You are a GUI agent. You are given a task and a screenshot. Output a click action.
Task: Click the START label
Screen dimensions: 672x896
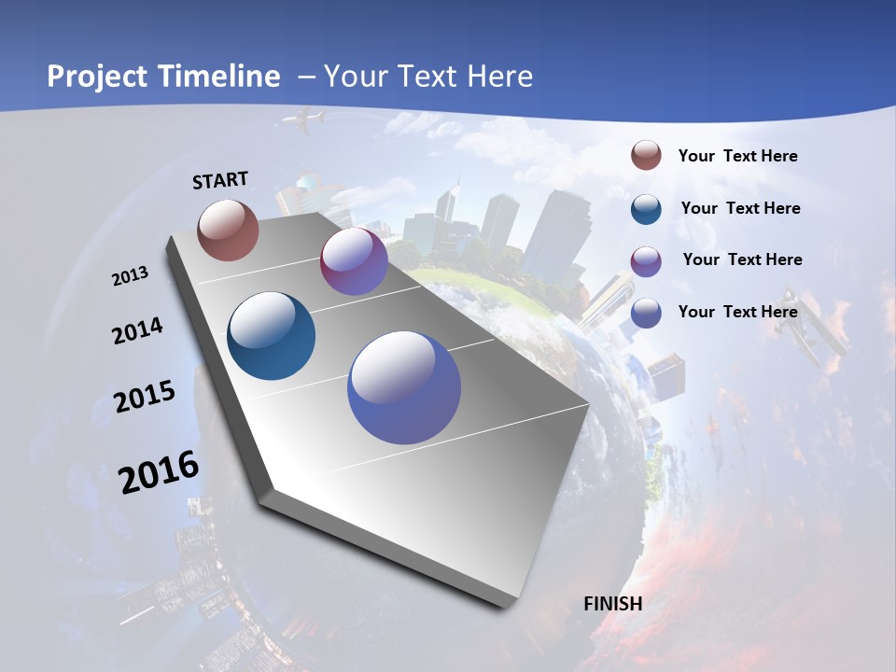click(220, 179)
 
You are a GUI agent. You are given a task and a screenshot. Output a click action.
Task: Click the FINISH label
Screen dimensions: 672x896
click(613, 603)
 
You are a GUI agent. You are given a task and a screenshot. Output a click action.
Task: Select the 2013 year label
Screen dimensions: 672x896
click(130, 276)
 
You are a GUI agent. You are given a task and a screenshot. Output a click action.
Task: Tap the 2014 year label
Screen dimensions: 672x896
click(137, 330)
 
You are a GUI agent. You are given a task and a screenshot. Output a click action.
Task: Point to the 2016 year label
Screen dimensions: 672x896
click(159, 472)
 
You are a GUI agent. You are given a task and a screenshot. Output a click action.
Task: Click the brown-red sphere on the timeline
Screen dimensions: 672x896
click(228, 229)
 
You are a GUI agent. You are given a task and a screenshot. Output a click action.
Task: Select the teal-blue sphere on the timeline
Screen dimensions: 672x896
click(272, 336)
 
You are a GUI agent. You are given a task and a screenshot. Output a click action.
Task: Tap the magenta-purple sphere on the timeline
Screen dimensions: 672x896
click(354, 261)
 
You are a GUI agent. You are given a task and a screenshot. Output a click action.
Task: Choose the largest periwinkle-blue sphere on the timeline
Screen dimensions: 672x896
click(404, 387)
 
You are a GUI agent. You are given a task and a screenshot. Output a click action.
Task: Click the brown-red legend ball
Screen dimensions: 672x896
click(646, 156)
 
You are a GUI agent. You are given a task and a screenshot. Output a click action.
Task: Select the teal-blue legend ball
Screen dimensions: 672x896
click(646, 208)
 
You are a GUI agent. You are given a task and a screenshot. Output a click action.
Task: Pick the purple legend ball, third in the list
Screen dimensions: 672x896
click(646, 260)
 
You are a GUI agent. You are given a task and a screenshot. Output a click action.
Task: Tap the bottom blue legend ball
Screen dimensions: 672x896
click(646, 313)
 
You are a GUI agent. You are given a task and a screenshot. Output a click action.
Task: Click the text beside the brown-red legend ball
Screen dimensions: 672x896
click(737, 156)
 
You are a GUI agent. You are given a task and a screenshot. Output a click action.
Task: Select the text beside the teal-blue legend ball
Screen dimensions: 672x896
click(740, 208)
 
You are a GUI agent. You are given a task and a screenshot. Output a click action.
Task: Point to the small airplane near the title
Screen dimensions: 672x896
click(305, 119)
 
